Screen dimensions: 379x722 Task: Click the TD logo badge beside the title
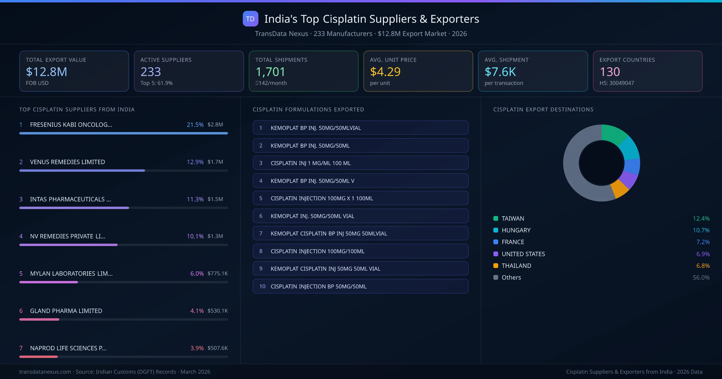(250, 19)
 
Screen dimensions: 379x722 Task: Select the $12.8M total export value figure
(46, 72)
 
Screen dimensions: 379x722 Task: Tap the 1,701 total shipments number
(270, 72)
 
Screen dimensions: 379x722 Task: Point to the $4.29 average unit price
(385, 72)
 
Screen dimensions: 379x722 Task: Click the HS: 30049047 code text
(616, 83)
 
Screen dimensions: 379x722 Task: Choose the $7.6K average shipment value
(500, 72)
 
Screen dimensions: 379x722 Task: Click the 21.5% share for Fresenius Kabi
(195, 125)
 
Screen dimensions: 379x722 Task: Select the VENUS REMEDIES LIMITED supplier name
(67, 162)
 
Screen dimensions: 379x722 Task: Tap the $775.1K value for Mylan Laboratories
(218, 273)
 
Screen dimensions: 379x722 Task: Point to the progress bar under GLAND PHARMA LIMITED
(123, 319)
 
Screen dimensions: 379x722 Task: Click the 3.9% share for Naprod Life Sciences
(197, 348)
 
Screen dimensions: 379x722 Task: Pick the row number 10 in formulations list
(262, 286)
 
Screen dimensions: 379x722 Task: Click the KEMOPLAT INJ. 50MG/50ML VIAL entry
(312, 216)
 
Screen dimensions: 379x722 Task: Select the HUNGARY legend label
(516, 230)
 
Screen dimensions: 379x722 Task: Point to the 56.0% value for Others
(701, 277)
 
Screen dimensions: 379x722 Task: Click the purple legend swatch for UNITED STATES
(496, 254)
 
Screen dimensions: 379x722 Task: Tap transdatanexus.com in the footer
(45, 372)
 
